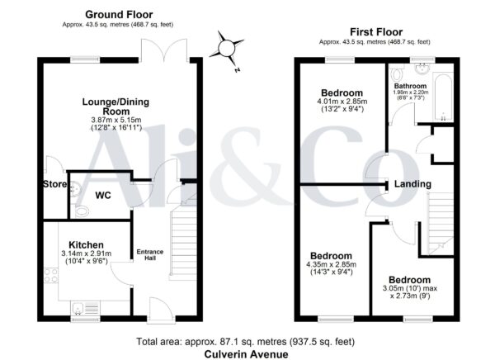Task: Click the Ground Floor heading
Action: (119, 15)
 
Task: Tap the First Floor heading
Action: (376, 32)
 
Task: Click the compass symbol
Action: (226, 49)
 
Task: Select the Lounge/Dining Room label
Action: (115, 107)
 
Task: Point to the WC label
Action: (103, 196)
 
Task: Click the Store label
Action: (54, 184)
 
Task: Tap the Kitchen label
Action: (86, 245)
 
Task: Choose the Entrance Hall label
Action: (150, 255)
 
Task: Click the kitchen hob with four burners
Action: (51, 275)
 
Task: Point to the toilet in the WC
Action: (81, 211)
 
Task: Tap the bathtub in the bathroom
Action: (442, 97)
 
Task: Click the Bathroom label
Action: (410, 86)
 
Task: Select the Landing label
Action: (412, 184)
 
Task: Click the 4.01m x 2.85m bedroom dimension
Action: (342, 102)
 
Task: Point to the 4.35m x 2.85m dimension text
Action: (331, 264)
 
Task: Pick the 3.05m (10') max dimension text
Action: (410, 288)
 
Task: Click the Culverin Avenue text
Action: (246, 354)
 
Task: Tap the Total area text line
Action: (245, 341)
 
